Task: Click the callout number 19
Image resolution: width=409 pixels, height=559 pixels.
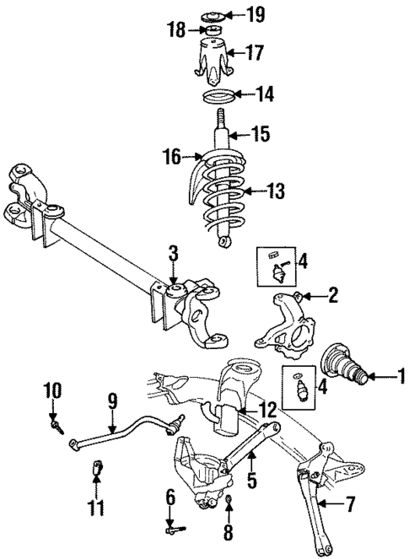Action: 256,14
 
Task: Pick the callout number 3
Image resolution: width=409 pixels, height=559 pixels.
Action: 172,251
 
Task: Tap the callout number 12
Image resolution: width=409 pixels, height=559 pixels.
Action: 268,411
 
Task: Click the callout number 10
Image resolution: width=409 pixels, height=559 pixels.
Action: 53,390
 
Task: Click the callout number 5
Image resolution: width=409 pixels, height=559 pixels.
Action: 250,481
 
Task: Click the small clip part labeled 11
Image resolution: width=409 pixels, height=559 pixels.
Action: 97,465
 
